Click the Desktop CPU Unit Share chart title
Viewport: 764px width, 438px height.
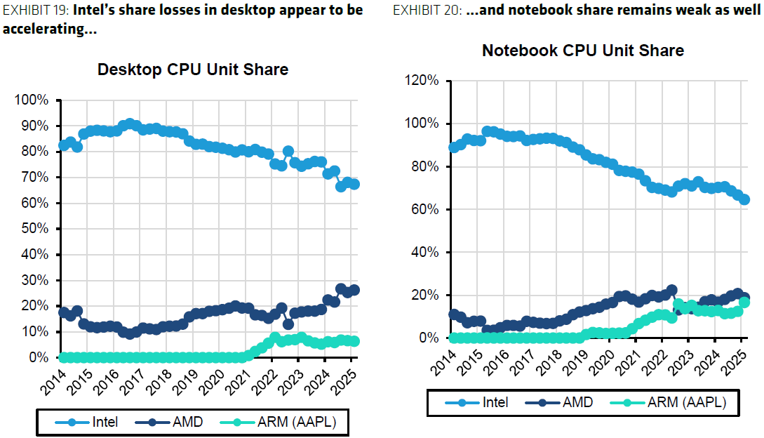(x=192, y=69)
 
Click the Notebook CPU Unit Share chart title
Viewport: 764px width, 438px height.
(x=582, y=51)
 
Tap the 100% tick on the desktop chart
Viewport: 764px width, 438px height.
(x=32, y=100)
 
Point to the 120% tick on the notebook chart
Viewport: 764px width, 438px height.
(x=422, y=81)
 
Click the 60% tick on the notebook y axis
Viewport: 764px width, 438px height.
(x=424, y=209)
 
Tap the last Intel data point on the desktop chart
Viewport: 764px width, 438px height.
(x=354, y=184)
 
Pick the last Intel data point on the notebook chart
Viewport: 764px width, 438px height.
(x=744, y=199)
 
